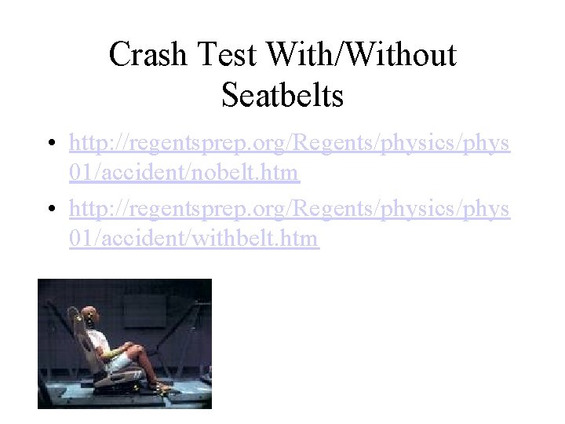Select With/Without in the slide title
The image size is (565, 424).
tap(361, 55)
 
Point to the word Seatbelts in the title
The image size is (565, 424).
tap(282, 96)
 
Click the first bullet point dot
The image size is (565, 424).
tap(49, 144)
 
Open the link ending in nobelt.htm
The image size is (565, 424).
tap(184, 171)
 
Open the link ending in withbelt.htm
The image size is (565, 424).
tap(193, 238)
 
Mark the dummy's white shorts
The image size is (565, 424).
tap(118, 357)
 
